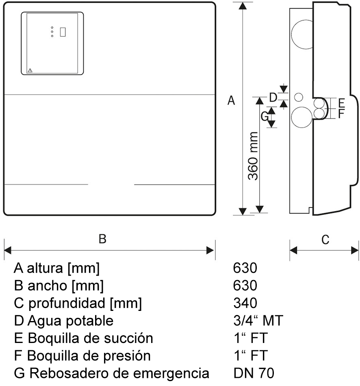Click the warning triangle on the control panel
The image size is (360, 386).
[x=30, y=70]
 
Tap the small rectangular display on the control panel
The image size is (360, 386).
[x=63, y=32]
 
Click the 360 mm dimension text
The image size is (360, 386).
[x=253, y=156]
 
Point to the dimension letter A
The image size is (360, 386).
[x=231, y=100]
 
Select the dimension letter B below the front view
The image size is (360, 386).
[x=102, y=239]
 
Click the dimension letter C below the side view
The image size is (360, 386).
[x=325, y=240]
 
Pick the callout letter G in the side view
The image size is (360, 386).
[x=264, y=116]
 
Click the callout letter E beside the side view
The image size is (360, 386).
[x=341, y=102]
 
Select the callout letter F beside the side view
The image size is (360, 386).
[x=341, y=113]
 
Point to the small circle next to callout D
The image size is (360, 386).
[x=299, y=97]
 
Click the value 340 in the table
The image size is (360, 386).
[x=245, y=303]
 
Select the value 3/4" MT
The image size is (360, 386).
[x=258, y=321]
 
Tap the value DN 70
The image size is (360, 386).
[x=254, y=372]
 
